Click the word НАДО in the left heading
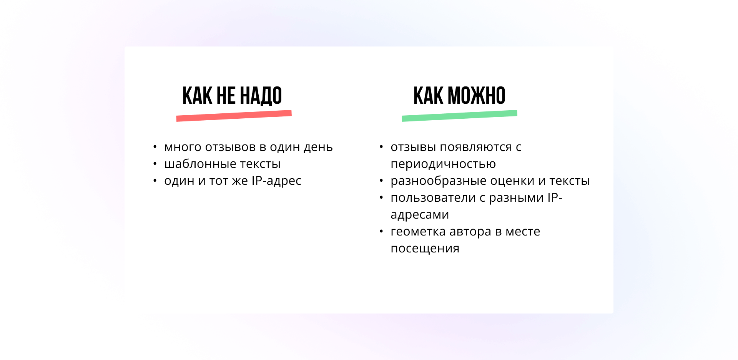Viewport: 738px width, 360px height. tap(261, 96)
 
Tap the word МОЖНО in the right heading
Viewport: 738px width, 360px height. tap(477, 96)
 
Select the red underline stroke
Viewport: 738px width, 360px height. tap(234, 116)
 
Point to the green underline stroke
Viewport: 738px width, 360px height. tap(459, 116)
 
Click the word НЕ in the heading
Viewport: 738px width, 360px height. tap(226, 96)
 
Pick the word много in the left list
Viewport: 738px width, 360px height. tap(183, 147)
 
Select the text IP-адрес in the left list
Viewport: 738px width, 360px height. tap(276, 181)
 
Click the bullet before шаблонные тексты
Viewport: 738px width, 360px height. tap(155, 164)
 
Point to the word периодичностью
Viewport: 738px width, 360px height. tap(443, 164)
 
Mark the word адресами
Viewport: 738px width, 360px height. tap(420, 215)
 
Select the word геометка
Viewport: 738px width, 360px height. tap(418, 232)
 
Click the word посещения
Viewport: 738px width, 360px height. tap(425, 249)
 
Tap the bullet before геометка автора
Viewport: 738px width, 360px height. tap(381, 231)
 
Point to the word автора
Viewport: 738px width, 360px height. tap(470, 232)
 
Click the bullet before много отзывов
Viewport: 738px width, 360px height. tap(155, 147)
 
